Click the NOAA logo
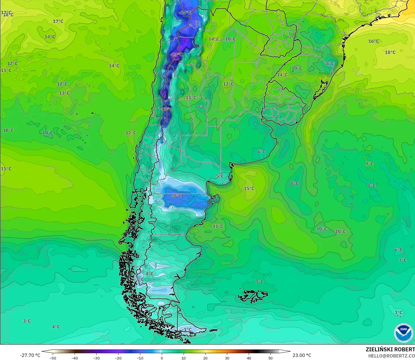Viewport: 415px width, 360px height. coord(403,332)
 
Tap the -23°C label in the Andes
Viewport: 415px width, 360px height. coord(177,55)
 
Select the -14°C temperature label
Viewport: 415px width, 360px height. coord(185,13)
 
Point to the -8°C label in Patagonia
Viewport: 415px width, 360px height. coord(176,196)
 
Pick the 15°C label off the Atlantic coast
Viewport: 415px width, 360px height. coord(249,189)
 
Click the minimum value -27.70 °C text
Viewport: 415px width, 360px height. coord(30,355)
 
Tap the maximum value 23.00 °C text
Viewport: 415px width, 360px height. coord(302,355)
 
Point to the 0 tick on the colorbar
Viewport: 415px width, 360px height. coord(162,358)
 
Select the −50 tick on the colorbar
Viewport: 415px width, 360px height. coord(53,358)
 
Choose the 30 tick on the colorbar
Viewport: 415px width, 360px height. coord(227,358)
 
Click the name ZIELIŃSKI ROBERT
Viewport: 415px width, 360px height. coord(390,349)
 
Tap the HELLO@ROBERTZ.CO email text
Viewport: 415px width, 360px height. coord(391,356)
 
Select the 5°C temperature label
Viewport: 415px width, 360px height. coord(220,176)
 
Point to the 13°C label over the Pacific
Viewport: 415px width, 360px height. coord(64,93)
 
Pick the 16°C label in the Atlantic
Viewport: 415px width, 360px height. coord(374,41)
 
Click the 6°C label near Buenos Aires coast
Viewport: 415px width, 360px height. coord(262,152)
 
